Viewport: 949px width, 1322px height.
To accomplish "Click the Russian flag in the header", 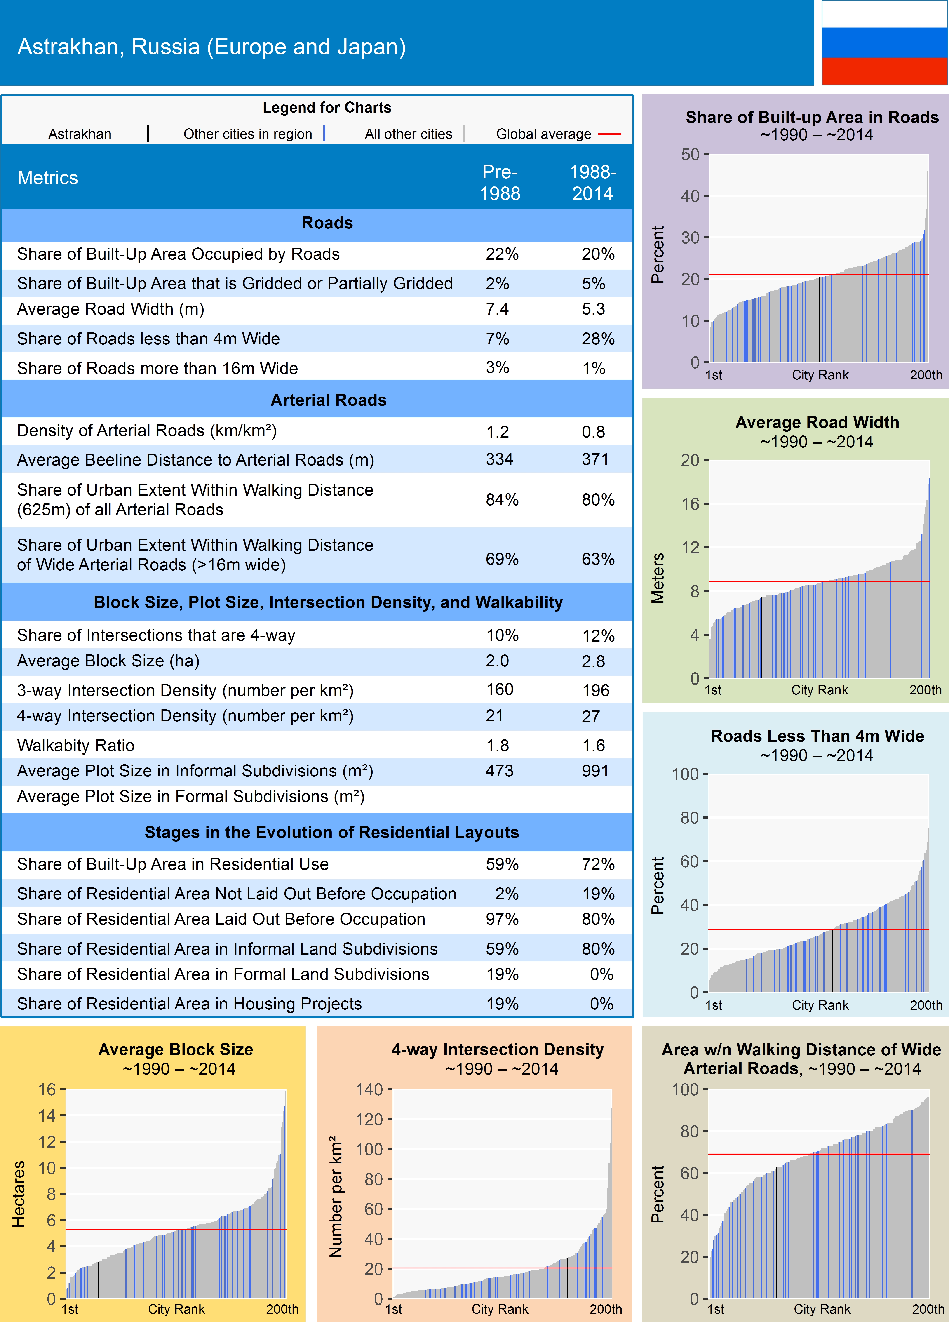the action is (x=884, y=42).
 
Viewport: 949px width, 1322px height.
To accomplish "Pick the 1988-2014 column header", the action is (x=593, y=182).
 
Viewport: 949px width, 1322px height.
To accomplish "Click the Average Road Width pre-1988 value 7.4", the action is (x=497, y=309).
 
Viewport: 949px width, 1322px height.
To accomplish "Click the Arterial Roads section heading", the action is (x=328, y=400).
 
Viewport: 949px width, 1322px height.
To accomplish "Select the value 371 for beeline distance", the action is (x=595, y=459).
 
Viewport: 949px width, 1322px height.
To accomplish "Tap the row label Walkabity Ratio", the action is (x=76, y=746).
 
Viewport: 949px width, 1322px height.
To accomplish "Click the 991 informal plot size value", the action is (x=595, y=771).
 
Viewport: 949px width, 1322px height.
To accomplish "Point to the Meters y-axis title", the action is (x=658, y=578).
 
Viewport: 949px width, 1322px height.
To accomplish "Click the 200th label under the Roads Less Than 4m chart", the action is (x=926, y=1005).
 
